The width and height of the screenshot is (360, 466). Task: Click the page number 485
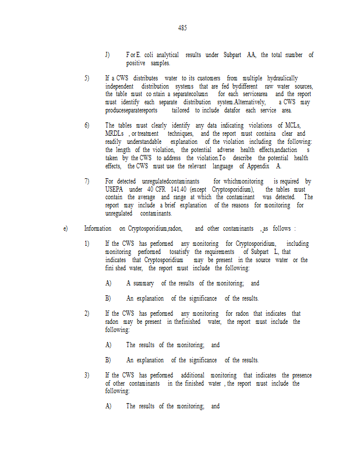click(x=182, y=28)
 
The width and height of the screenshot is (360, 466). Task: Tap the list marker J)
click(x=108, y=55)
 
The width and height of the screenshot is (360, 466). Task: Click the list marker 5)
click(x=87, y=78)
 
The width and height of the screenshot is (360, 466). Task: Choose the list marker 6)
click(x=87, y=125)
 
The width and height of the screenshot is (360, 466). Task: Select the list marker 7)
click(x=87, y=181)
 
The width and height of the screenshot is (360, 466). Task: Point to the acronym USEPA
click(x=115, y=189)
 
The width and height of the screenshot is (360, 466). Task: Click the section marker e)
click(x=65, y=228)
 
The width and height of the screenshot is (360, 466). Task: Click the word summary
click(x=143, y=283)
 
